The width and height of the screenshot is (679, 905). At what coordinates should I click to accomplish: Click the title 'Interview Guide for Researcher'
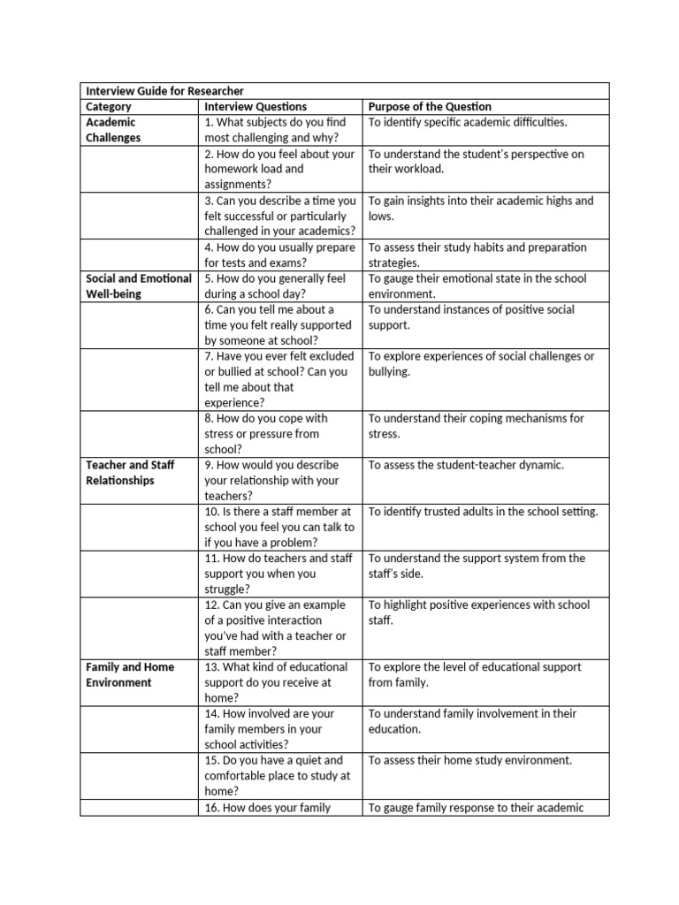[164, 91]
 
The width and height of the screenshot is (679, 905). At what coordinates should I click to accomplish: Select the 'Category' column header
[109, 107]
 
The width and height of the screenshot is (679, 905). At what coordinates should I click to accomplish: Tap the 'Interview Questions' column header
[256, 107]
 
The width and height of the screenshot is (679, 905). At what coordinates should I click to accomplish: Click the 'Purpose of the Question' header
[430, 107]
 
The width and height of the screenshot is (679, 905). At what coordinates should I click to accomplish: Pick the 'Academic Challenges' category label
[112, 130]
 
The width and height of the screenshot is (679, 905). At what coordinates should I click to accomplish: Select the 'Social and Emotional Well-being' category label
[138, 286]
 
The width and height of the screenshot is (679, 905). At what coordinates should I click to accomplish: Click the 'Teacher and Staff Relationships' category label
[130, 473]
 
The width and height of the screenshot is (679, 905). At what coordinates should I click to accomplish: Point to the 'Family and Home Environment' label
[129, 674]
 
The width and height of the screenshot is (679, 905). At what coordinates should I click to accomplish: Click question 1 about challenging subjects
[276, 130]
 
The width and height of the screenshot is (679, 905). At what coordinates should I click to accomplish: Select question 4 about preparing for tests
[279, 255]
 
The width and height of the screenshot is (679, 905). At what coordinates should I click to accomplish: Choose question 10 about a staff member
[278, 527]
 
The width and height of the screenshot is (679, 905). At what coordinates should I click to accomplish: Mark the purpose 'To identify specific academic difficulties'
[468, 122]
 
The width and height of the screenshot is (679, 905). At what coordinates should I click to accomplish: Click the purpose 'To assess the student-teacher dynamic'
[466, 465]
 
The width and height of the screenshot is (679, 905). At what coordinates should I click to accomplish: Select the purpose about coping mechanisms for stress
[476, 426]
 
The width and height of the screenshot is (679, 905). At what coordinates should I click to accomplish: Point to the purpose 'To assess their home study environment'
[470, 760]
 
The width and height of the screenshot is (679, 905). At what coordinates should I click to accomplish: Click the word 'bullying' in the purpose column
[390, 372]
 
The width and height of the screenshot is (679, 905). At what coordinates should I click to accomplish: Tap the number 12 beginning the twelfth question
[211, 605]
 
